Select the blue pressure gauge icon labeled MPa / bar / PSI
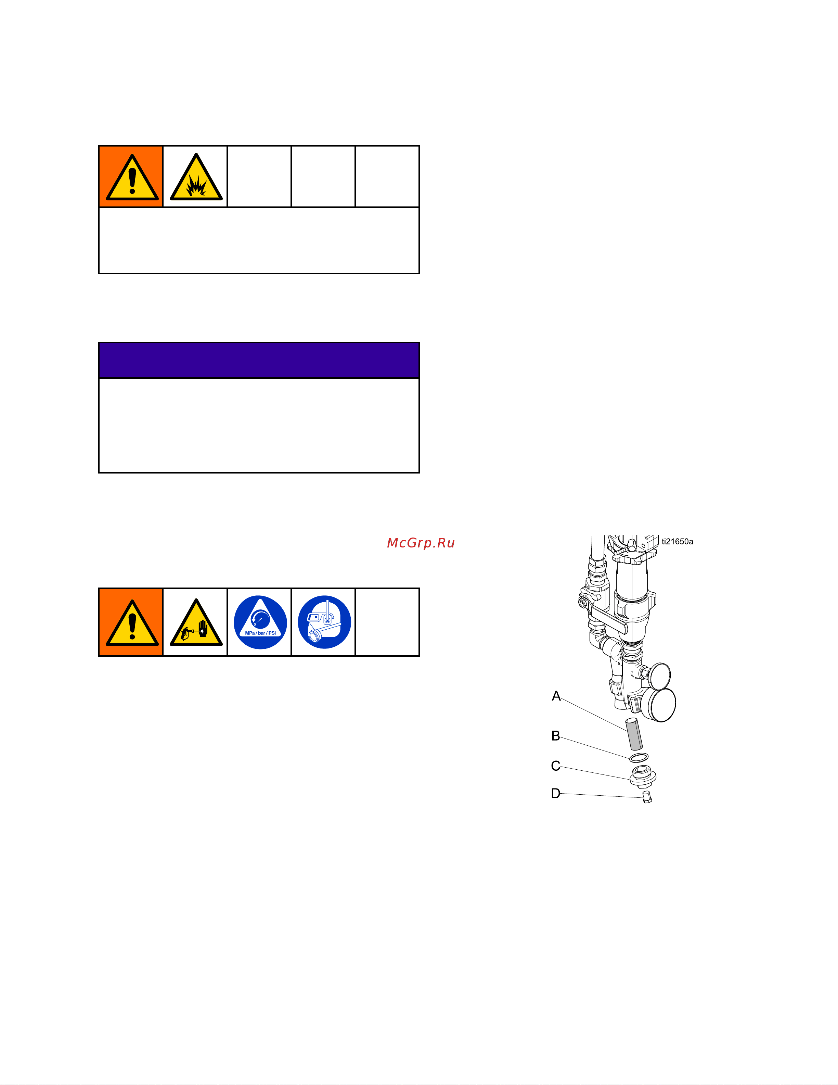(x=260, y=622)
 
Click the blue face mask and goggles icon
(x=324, y=622)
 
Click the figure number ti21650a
(x=677, y=542)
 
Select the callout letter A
(x=556, y=696)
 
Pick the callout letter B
(x=555, y=736)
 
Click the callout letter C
(x=555, y=766)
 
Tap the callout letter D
(x=555, y=793)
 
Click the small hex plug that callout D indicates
(x=646, y=797)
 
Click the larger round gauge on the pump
(x=662, y=705)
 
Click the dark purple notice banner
(x=259, y=360)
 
